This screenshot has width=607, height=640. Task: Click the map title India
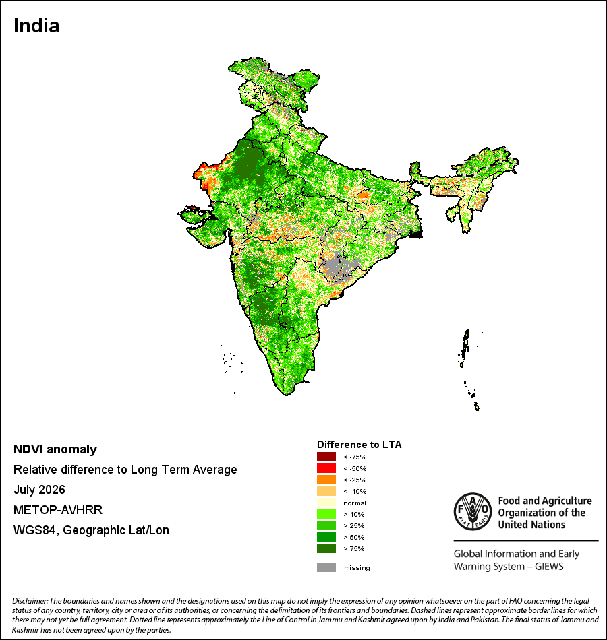pos(36,26)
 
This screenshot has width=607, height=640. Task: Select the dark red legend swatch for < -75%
pos(326,457)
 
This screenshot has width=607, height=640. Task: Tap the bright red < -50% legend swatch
pos(326,468)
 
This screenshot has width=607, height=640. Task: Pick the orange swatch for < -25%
pos(326,480)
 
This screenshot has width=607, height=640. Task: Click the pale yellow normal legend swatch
pos(326,503)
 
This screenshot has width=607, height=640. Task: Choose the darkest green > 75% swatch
pos(326,548)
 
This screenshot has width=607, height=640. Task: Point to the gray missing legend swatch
pos(326,567)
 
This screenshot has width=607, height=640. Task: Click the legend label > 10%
pos(354,514)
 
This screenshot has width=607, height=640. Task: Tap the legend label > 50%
pos(354,537)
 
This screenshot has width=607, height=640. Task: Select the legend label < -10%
pos(355,491)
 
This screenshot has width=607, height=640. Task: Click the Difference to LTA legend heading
pos(359,445)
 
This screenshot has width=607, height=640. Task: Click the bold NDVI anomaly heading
pos(55,449)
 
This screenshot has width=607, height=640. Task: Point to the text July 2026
pos(39,489)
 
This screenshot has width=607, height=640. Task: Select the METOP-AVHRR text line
pos(58,510)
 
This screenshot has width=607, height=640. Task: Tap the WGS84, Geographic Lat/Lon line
pos(91,530)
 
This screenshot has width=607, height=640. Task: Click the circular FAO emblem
pos(473,512)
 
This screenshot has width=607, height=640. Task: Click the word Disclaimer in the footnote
pos(30,601)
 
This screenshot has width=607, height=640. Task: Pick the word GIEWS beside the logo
pos(549,567)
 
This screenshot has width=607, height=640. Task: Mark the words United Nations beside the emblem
pos(531,525)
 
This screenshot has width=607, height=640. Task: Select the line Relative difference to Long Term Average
pos(125,470)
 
